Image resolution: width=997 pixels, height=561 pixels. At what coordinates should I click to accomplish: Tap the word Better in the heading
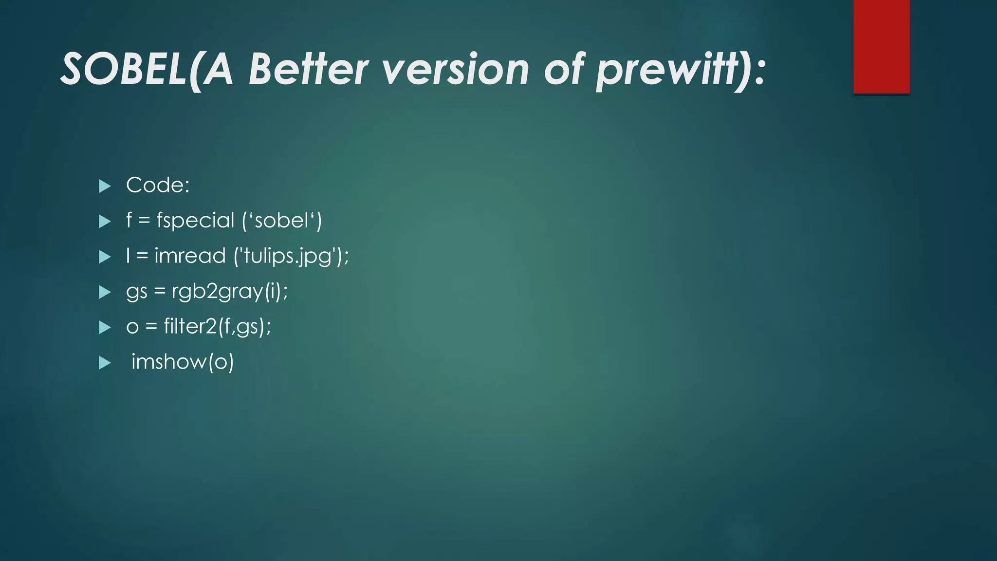pos(309,70)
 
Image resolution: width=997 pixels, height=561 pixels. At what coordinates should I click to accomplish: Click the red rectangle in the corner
pos(881,47)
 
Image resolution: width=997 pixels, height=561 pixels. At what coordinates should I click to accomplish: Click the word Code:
pos(158,186)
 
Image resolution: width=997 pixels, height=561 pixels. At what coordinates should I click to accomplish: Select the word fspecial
pos(195,221)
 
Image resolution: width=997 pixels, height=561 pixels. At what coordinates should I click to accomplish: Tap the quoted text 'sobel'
pos(282,221)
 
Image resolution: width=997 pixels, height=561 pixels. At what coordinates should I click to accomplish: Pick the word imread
pos(190,256)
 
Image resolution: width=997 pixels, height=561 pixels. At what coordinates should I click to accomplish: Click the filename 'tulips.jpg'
pos(291,256)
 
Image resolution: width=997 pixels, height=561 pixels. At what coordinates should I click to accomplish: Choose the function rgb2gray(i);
pos(230,292)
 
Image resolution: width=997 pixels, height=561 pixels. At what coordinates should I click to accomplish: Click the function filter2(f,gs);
pos(217,327)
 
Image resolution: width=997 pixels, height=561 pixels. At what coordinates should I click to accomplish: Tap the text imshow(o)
pos(183,362)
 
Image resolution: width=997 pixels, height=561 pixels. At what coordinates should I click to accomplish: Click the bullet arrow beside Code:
pos(105,186)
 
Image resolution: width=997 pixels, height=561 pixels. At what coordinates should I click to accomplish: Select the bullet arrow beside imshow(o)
pos(105,363)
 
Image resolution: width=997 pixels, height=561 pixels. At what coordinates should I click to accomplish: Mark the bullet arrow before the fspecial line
pos(105,222)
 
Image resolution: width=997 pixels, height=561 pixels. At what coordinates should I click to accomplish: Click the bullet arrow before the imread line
pos(105,257)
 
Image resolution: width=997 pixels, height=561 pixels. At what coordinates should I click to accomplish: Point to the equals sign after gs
pos(160,292)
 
